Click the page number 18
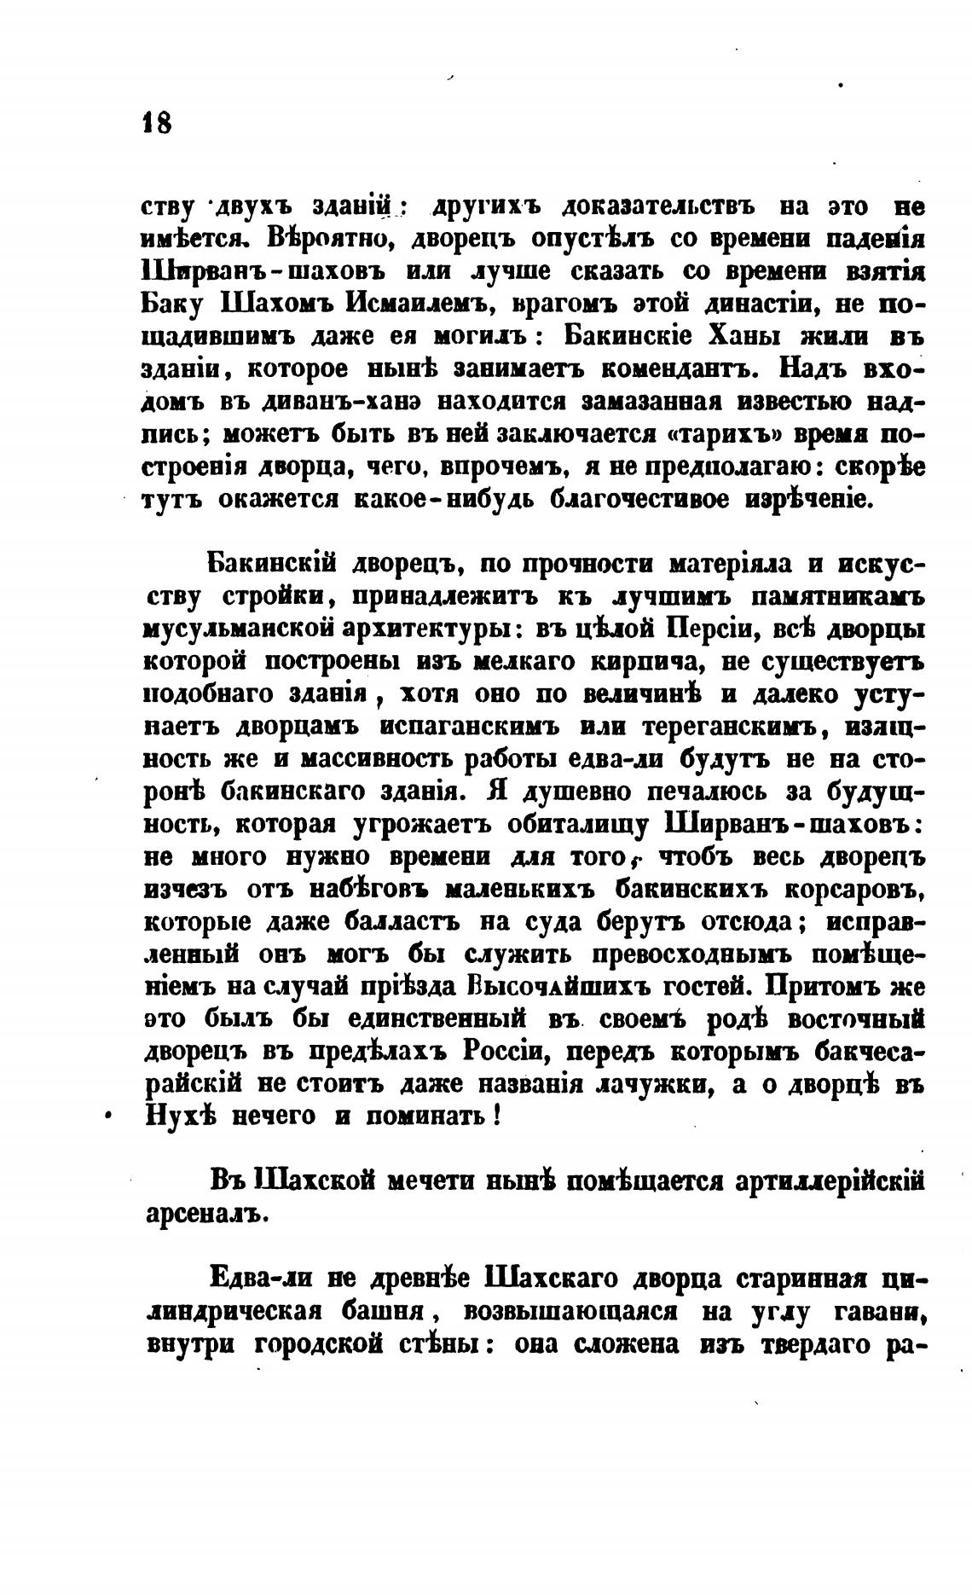coord(157,123)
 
